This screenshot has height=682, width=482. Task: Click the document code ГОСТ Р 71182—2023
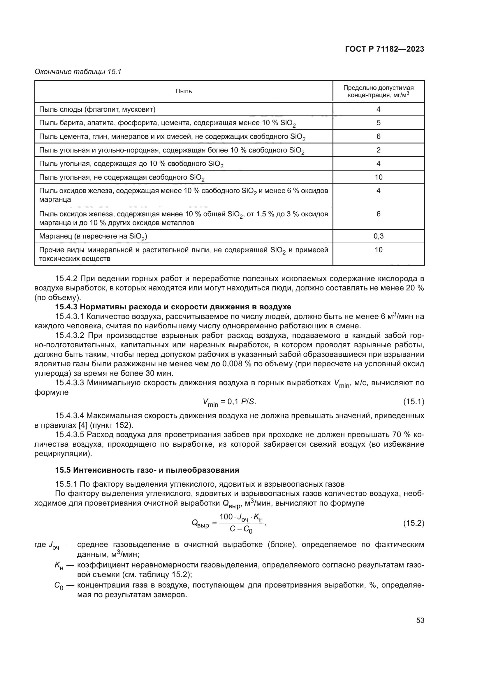coord(384,49)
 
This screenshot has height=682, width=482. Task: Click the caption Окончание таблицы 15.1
coord(78,72)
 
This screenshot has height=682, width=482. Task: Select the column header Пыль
coord(183,91)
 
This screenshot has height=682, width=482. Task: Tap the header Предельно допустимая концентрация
coord(379,91)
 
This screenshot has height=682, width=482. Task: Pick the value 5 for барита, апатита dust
coord(379,123)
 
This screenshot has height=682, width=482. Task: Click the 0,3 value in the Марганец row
coord(379,236)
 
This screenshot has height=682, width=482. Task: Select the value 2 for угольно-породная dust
coord(379,150)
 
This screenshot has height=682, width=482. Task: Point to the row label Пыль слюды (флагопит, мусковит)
coord(97,109)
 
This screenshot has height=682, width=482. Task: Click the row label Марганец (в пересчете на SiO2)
coord(93,236)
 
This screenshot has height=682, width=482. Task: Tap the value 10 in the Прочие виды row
coord(379,250)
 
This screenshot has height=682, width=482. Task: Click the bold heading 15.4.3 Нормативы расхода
coord(173,307)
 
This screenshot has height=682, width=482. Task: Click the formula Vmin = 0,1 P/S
coord(229,402)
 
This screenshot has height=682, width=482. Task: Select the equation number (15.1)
coord(414,402)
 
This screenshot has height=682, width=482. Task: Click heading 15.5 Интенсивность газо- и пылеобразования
coord(147,470)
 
